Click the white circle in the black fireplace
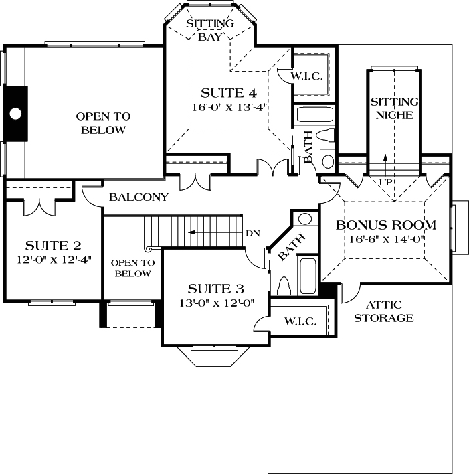(x=15, y=113)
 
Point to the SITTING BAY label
(x=209, y=30)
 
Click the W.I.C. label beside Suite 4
(x=308, y=77)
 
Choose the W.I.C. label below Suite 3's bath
(x=300, y=321)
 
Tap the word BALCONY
(x=138, y=197)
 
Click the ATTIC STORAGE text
(x=383, y=311)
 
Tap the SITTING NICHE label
(x=394, y=108)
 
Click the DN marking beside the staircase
(x=252, y=233)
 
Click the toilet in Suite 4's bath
(x=325, y=135)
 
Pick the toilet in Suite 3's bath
(x=282, y=287)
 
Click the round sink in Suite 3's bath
(x=304, y=219)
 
